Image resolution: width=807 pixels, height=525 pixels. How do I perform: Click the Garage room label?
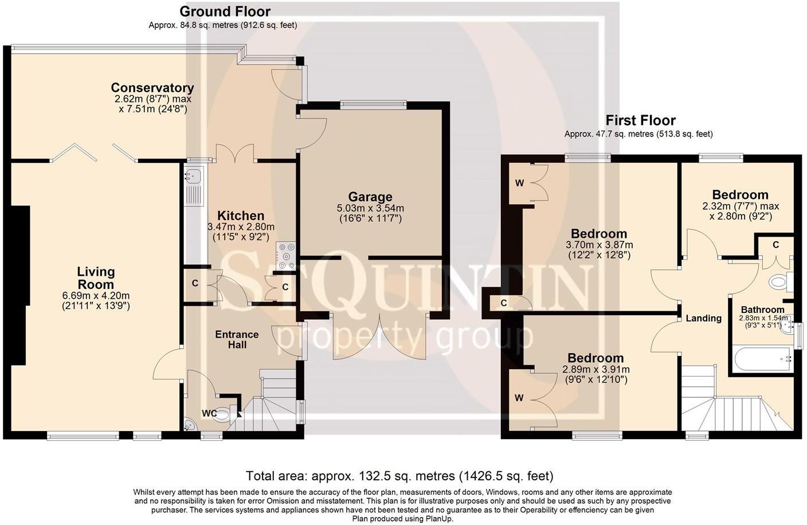click(370, 197)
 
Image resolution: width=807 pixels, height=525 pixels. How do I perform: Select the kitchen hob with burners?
click(286, 256)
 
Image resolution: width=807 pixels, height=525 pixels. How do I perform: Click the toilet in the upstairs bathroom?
click(780, 281)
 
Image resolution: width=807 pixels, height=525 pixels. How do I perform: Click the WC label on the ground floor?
click(209, 413)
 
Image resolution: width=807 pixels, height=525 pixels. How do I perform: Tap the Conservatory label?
click(152, 88)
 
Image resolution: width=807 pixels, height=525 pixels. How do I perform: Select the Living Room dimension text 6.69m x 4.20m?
click(96, 296)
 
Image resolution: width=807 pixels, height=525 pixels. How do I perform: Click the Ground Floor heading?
click(225, 12)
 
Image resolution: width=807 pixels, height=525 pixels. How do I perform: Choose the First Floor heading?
click(640, 120)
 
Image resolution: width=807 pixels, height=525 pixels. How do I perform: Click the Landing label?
click(704, 318)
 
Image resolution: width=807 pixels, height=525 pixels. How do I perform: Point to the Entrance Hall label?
click(237, 339)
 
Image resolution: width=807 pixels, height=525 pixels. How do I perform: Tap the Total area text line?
click(399, 476)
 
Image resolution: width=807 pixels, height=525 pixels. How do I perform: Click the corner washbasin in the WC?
click(189, 424)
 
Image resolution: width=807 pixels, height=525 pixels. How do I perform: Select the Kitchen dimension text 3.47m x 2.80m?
click(241, 227)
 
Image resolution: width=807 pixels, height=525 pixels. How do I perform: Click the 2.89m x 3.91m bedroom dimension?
click(596, 369)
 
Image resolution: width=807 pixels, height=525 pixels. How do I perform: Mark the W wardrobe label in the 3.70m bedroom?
click(519, 183)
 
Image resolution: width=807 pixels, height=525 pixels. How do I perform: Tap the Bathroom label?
click(763, 309)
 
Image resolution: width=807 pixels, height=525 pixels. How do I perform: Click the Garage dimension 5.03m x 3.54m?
click(370, 208)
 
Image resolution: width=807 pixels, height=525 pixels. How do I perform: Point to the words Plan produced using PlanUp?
click(403, 519)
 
